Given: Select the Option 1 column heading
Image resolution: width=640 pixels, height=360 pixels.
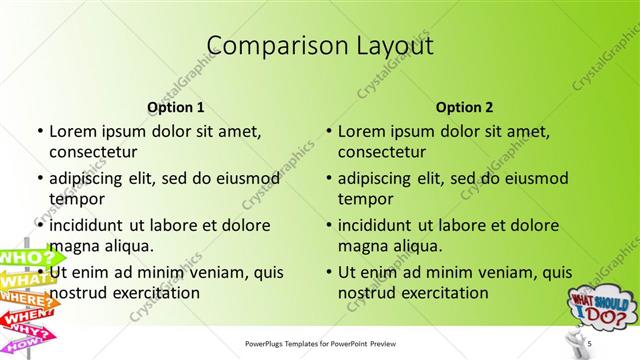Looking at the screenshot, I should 176,107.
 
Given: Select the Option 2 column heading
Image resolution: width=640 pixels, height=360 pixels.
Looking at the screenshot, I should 464,107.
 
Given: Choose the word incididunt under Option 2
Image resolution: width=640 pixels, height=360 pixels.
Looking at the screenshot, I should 383,225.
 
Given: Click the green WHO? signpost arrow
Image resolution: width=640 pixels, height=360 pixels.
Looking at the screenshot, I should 25,259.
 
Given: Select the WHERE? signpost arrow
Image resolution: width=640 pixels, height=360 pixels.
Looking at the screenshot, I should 27,301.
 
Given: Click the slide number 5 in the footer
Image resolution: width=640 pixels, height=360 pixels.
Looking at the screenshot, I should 590,344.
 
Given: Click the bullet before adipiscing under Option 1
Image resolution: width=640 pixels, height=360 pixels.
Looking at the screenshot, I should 39,178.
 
